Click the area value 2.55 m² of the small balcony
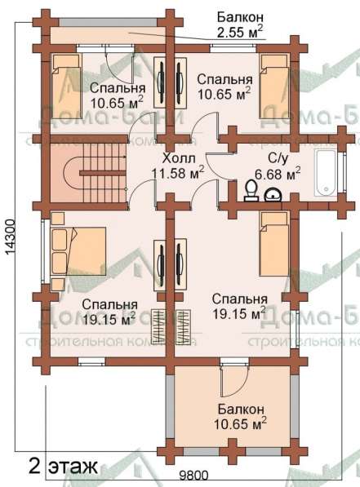(x=239, y=33)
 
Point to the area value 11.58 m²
(x=179, y=172)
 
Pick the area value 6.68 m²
(x=278, y=172)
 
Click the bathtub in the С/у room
(x=325, y=168)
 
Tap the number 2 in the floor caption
(x=33, y=467)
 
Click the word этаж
(x=72, y=467)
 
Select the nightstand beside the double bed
(x=56, y=218)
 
